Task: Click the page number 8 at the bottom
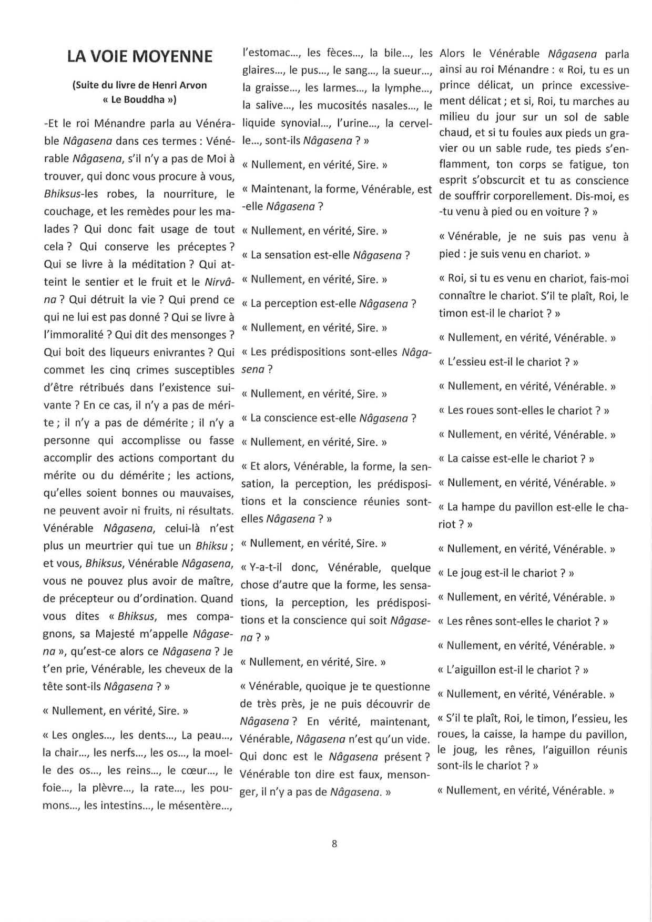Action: click(x=334, y=844)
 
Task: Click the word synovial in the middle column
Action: click(x=301, y=123)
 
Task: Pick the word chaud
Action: click(x=453, y=133)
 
